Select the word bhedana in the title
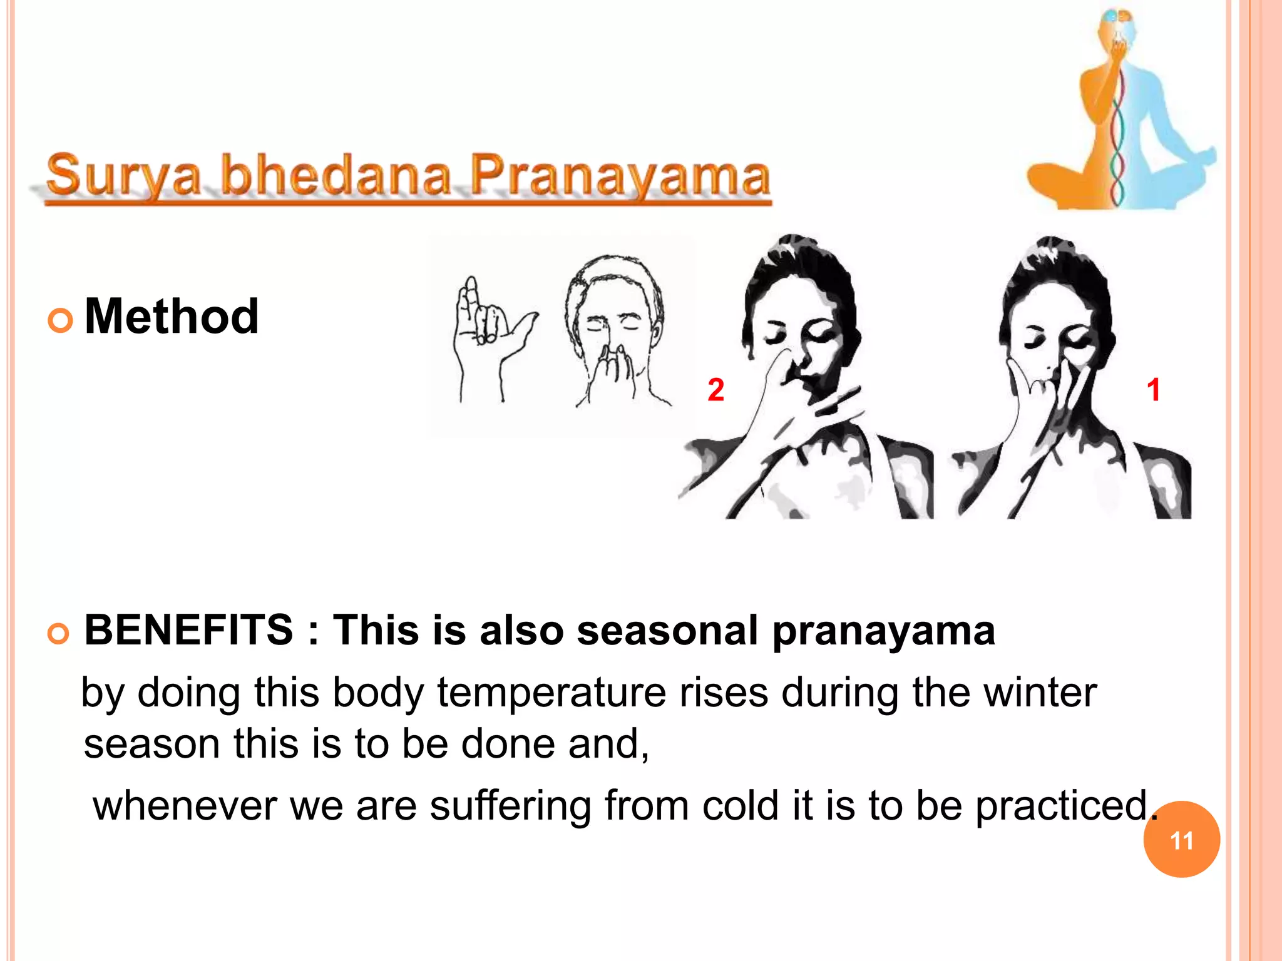(336, 175)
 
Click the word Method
(171, 317)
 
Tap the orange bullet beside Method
(60, 321)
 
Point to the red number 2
(715, 390)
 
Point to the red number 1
(1153, 390)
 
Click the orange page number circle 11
(1181, 840)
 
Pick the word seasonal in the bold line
(667, 631)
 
